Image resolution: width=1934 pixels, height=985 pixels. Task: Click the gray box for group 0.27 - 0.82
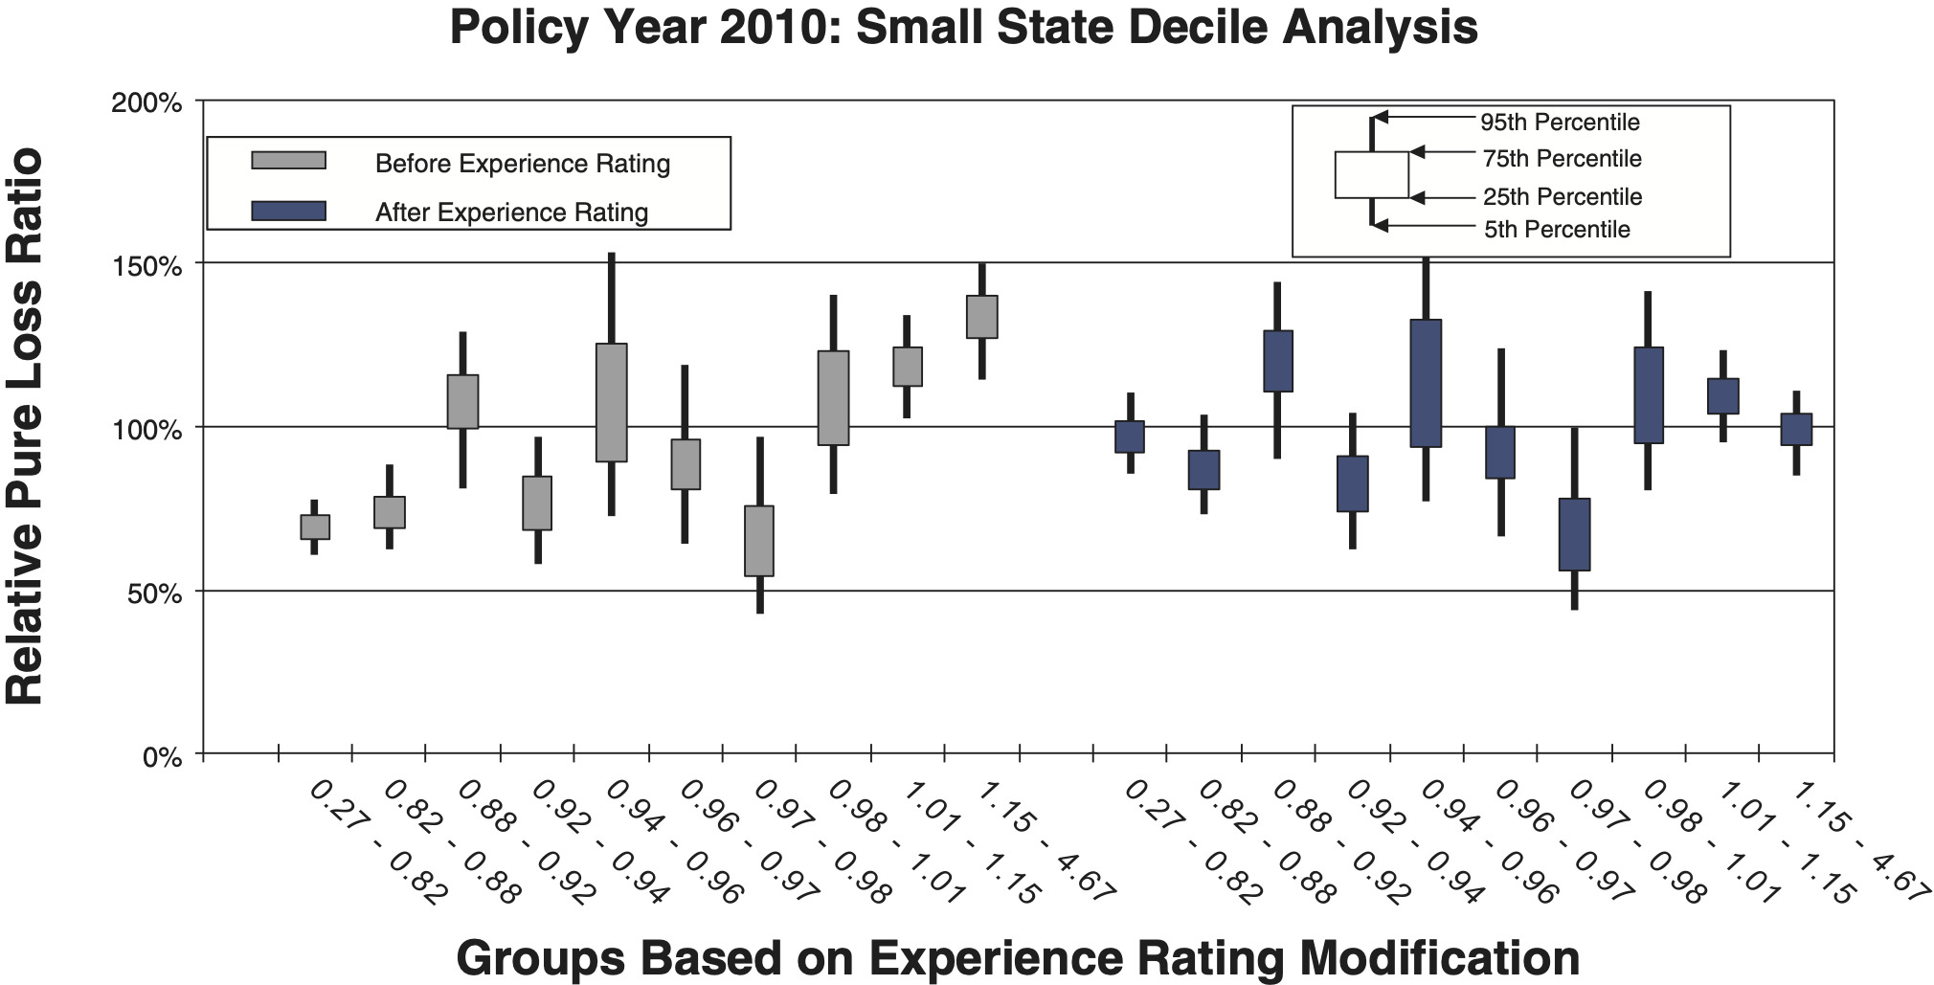tap(315, 527)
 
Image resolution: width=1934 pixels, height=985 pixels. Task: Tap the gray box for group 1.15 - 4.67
tap(981, 317)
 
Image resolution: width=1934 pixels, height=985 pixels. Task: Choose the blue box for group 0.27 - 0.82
tap(1130, 437)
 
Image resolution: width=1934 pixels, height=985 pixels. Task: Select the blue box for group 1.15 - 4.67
tap(1796, 429)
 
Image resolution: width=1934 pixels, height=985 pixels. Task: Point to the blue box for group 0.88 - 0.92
tap(1278, 361)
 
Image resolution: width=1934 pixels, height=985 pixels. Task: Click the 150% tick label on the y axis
tap(146, 266)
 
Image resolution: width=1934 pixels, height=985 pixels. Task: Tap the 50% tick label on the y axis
tap(153, 593)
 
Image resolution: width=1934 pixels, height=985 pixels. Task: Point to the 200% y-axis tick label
tap(146, 102)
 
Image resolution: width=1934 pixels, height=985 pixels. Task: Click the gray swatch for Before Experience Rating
tap(288, 161)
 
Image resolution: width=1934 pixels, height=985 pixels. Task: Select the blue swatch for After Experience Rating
tap(288, 211)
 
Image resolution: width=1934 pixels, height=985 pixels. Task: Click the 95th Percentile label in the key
tap(1560, 123)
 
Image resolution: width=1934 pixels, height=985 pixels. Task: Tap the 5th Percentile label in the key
tap(1557, 230)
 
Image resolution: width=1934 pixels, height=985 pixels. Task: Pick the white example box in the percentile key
tap(1371, 175)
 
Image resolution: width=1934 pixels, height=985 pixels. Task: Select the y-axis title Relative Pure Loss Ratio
tap(26, 427)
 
